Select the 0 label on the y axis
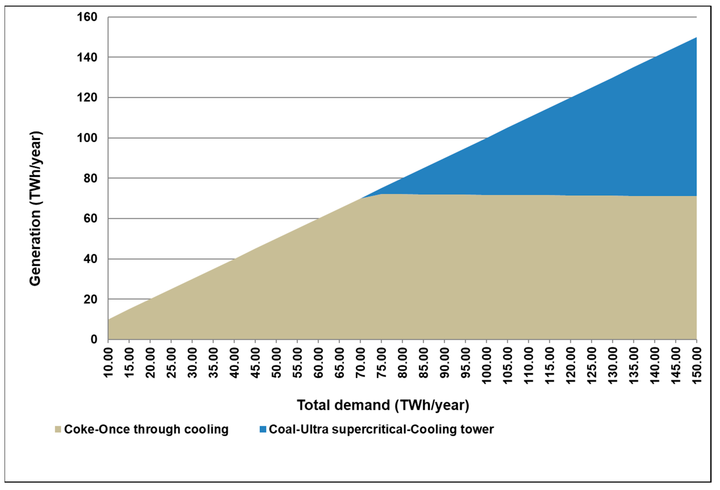tap(94, 339)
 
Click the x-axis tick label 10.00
tap(108, 362)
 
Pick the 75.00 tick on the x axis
tap(381, 362)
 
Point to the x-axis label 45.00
tap(255, 362)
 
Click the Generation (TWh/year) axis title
tap(35, 209)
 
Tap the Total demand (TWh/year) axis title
tap(383, 405)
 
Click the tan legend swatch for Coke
tap(58, 429)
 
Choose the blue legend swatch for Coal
tap(263, 429)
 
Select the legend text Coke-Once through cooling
tap(146, 429)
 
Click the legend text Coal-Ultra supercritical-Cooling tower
tap(381, 429)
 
